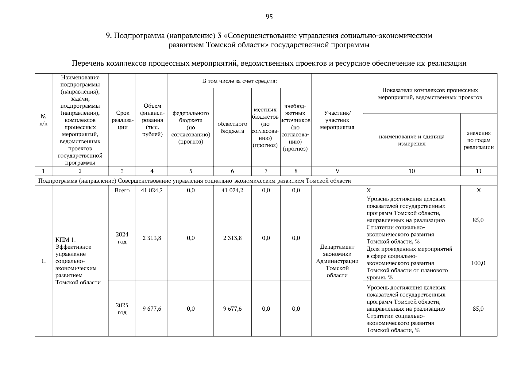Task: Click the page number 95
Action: (269, 17)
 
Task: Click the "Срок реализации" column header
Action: (122, 120)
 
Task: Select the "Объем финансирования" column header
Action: (152, 120)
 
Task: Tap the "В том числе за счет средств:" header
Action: (239, 81)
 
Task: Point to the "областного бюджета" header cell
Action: (232, 128)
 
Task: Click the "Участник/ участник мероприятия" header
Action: (337, 120)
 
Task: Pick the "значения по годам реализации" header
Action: (478, 140)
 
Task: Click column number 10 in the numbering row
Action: (411, 171)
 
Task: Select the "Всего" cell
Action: (122, 190)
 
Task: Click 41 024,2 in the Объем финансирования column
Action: (152, 190)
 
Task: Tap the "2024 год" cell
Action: (122, 238)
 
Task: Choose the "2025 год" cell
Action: (122, 309)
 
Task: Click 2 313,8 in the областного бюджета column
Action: (232, 238)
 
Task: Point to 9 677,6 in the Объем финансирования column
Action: (152, 309)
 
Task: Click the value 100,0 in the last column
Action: (478, 263)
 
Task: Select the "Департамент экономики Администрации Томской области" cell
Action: (337, 261)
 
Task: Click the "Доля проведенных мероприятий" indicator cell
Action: (410, 263)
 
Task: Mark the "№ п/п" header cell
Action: (43, 120)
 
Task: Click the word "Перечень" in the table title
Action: (88, 63)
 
